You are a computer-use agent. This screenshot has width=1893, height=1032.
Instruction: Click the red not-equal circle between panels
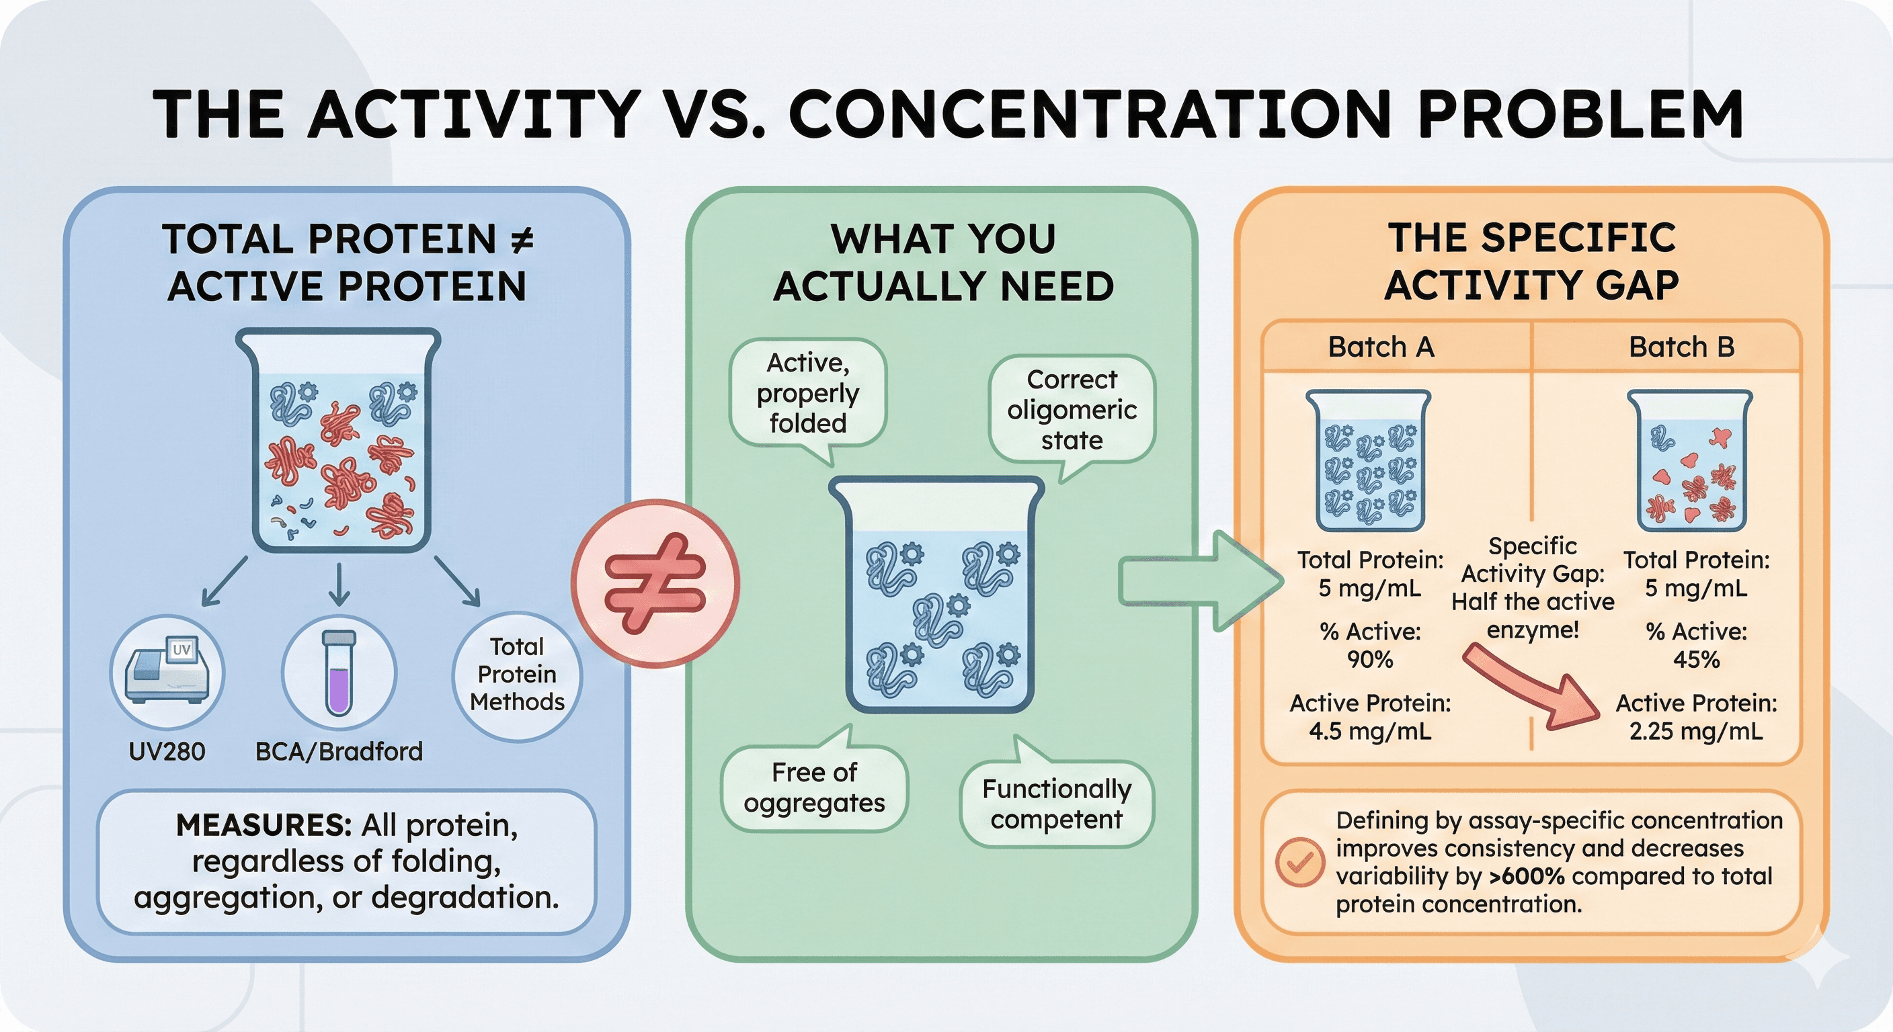[x=655, y=584]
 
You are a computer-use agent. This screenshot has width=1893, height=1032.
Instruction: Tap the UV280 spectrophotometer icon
[x=167, y=672]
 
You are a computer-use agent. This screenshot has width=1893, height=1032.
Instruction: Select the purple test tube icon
[x=339, y=672]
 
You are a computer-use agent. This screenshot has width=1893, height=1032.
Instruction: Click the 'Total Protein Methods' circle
[x=516, y=675]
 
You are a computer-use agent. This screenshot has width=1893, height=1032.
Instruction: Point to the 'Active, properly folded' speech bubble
[x=807, y=393]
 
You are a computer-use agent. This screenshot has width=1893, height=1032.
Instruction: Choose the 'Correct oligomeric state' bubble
[x=1072, y=410]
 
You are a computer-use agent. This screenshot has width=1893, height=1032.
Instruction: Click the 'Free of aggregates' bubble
[x=814, y=788]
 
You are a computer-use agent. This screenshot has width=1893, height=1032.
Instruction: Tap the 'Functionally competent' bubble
[x=1056, y=804]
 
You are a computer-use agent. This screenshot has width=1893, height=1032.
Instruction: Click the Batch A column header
[x=1381, y=347]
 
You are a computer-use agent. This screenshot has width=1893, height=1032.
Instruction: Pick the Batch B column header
[x=1681, y=347]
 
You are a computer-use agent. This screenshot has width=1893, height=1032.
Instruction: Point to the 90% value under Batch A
[x=1370, y=660]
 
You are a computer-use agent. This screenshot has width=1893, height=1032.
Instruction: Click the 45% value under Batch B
[x=1696, y=660]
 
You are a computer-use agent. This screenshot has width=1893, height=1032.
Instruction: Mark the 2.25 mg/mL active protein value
[x=1696, y=732]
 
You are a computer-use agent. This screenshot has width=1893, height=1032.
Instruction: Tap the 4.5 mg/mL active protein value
[x=1370, y=732]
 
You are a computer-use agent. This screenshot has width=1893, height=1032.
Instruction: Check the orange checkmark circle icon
[x=1300, y=861]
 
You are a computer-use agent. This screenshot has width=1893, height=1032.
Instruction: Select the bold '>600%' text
[x=1528, y=876]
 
